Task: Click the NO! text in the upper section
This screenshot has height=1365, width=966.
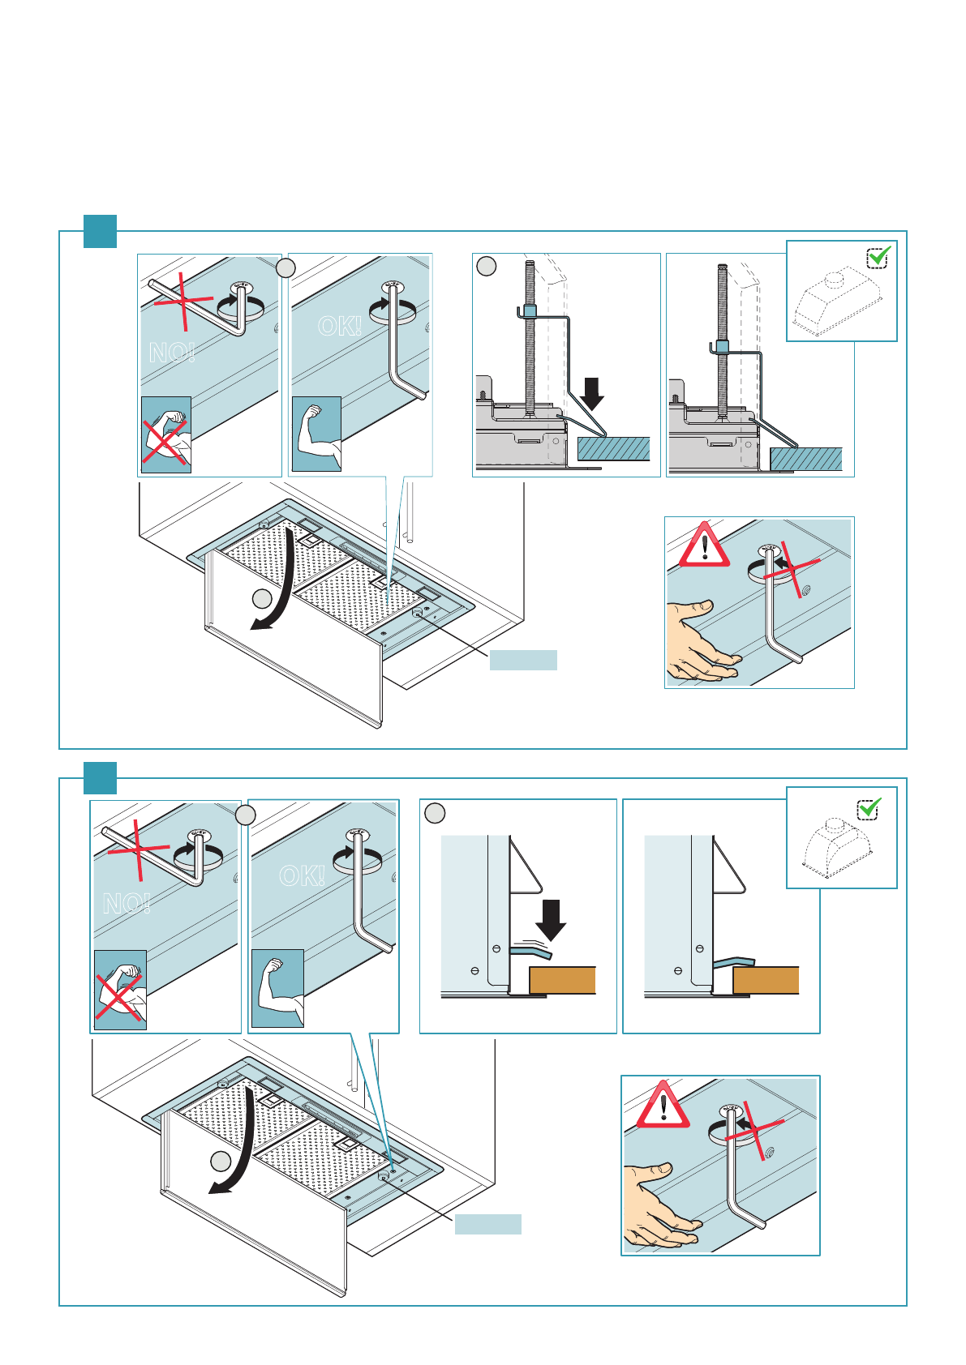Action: tap(171, 353)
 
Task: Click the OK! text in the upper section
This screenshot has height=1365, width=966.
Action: tap(340, 326)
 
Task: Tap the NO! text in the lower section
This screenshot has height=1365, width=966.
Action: tap(127, 903)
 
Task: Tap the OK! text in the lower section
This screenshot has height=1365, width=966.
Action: tap(302, 876)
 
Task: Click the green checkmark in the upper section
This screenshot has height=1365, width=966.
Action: tap(878, 256)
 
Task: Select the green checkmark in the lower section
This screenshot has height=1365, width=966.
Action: tap(869, 807)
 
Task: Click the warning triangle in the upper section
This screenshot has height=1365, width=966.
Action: tap(704, 545)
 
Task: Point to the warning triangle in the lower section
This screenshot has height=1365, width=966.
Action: tap(663, 1105)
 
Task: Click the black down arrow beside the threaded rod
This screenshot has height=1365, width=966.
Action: tap(593, 393)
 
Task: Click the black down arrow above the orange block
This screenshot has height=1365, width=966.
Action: tap(552, 919)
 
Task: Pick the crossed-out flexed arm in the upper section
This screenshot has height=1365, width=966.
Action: tap(166, 435)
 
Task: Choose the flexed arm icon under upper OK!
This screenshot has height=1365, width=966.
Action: tap(316, 434)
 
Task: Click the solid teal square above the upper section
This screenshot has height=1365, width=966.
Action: tap(101, 231)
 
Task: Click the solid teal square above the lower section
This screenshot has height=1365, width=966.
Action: tap(101, 778)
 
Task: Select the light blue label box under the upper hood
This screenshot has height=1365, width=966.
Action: tap(523, 660)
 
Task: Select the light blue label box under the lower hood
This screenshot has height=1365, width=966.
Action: tap(487, 1224)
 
